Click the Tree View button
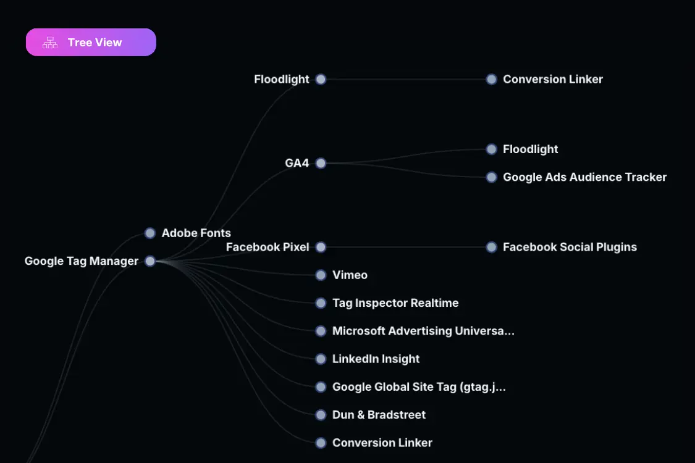91,42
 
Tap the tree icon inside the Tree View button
50,43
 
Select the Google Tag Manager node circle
150,261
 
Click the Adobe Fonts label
196,233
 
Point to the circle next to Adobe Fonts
150,233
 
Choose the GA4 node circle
321,163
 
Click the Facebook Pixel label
267,247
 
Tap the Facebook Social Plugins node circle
492,247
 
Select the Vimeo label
350,275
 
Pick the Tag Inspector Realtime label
395,303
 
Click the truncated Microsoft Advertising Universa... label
423,331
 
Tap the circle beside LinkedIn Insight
321,359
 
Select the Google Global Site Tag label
419,387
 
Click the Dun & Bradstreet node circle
321,415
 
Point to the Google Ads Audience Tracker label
584,177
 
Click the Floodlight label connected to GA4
530,149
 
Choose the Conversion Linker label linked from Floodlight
553,79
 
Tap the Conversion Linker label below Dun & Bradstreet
382,443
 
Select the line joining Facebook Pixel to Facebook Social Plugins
406,247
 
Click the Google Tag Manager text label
81,261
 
